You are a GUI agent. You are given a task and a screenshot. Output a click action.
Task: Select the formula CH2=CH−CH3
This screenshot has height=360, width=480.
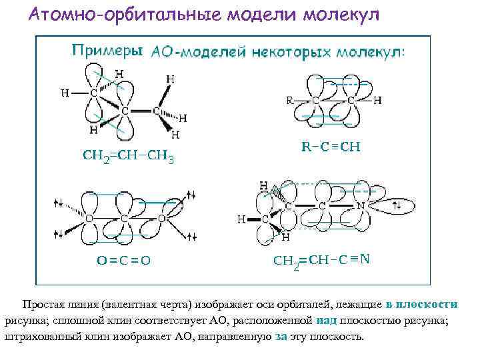tap(128, 157)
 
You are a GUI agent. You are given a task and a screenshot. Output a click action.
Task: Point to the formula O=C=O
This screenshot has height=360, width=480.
tap(120, 261)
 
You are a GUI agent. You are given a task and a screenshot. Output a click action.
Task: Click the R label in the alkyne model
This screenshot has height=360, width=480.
tap(289, 101)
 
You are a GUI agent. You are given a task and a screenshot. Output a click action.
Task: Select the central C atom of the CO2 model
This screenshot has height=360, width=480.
tap(124, 218)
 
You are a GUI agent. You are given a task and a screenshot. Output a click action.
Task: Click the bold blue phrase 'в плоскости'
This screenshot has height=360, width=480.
tap(421, 304)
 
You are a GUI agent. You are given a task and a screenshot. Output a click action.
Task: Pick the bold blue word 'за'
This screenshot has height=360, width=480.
tap(281, 337)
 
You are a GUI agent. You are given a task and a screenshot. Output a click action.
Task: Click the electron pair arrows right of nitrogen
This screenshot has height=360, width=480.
tap(398, 207)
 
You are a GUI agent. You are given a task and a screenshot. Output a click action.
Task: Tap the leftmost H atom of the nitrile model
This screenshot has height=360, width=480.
tap(241, 219)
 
